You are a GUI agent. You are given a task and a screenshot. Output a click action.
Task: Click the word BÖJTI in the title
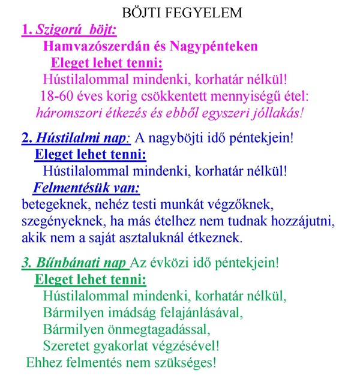[142, 12]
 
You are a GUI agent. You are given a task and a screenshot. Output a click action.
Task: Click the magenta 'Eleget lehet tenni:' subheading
[107, 62]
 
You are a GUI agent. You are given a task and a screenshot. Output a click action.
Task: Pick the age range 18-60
[57, 96]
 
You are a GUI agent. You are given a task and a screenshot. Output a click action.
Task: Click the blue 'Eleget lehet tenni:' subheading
[90, 155]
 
